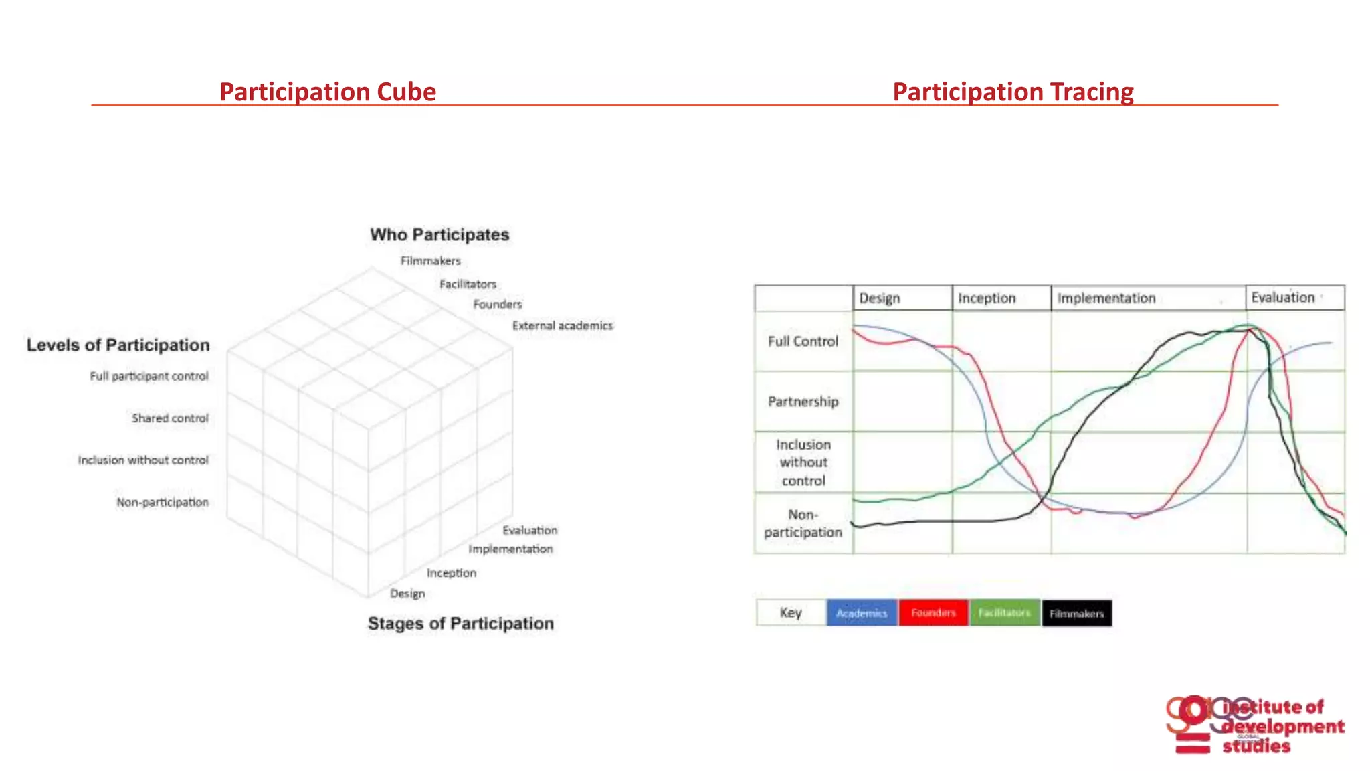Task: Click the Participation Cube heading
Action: coord(327,92)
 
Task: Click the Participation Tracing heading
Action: coord(1013,92)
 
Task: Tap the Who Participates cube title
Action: coord(439,235)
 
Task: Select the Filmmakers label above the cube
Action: coord(430,261)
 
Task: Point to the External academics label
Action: coord(562,326)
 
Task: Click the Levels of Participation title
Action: coord(118,345)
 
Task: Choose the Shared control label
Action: coord(170,418)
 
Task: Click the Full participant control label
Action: coord(149,377)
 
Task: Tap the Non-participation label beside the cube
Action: coord(163,503)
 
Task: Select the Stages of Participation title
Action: coord(461,624)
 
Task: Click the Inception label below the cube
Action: coord(452,573)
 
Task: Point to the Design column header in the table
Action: coord(879,298)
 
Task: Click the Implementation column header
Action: coord(1106,298)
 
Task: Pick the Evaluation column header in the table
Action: coord(1282,298)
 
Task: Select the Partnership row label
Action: coord(803,402)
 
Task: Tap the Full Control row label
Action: coord(803,341)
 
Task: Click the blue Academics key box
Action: coord(862,613)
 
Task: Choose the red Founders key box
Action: coord(933,613)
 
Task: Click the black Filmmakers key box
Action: coord(1076,614)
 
